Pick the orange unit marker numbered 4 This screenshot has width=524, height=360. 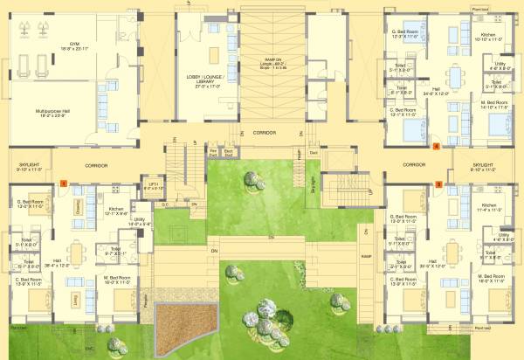[x=435, y=147]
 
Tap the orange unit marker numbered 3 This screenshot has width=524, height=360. [x=438, y=184]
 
